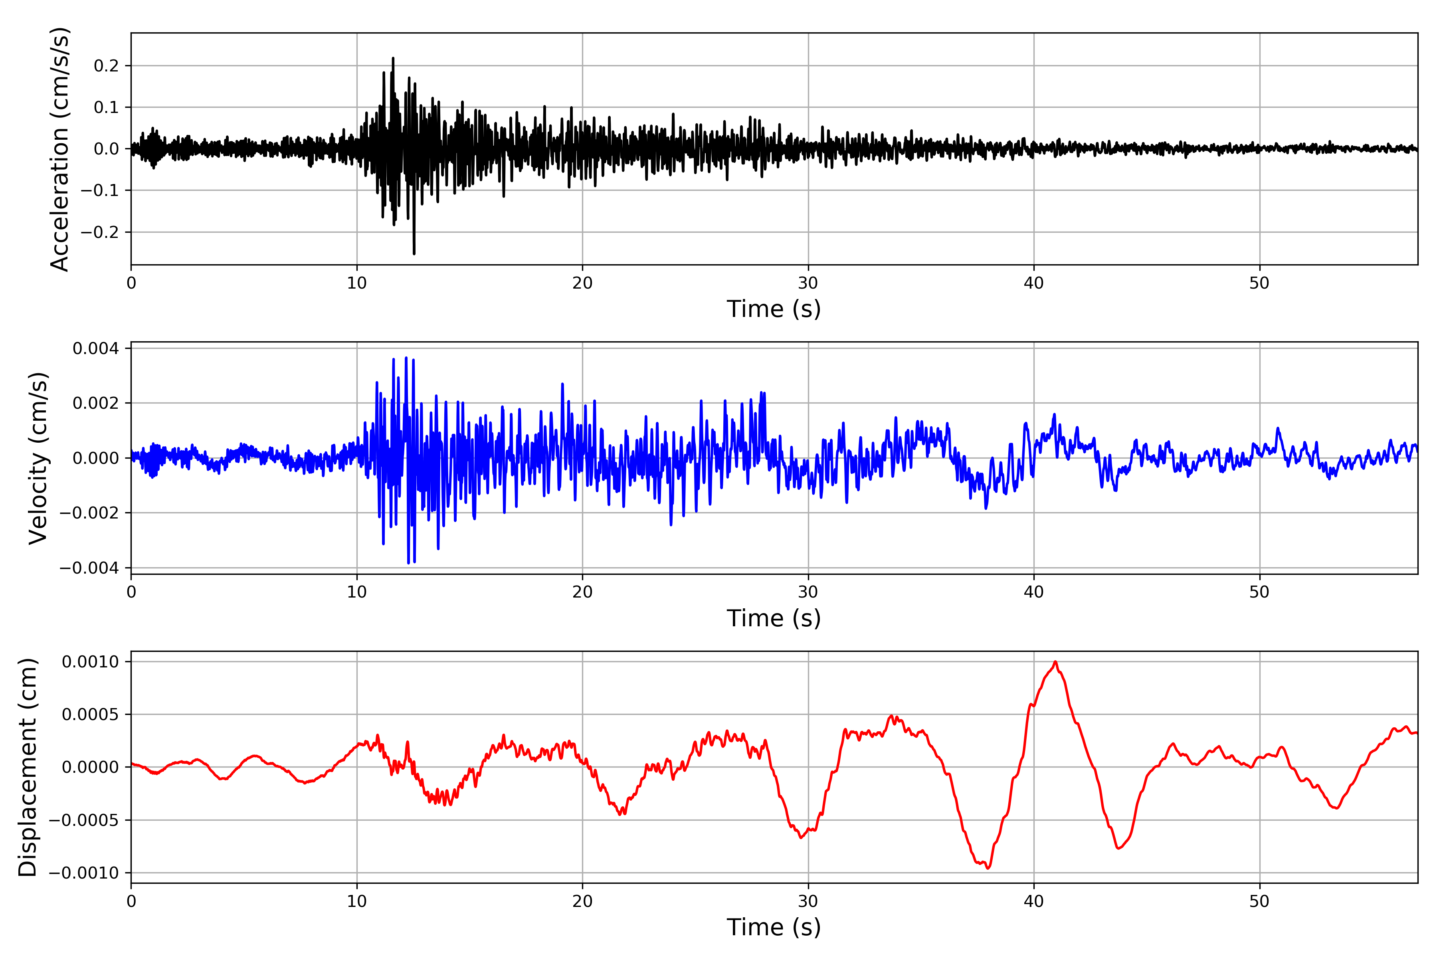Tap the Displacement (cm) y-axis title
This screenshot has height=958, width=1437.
(28, 767)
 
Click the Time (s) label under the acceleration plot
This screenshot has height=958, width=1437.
(774, 309)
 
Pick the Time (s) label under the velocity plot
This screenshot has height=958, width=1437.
(774, 618)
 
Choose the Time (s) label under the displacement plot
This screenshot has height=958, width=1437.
(774, 927)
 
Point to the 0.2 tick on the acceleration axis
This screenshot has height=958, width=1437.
(106, 66)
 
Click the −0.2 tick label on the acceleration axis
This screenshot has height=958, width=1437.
(100, 232)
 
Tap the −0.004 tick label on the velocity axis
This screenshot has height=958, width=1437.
(89, 568)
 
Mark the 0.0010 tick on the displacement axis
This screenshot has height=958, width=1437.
(91, 662)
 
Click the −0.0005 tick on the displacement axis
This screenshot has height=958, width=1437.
(84, 820)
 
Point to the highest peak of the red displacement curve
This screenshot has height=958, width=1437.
(1055, 662)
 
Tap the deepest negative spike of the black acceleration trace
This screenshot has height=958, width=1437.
(414, 253)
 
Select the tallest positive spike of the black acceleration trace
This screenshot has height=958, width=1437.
(393, 59)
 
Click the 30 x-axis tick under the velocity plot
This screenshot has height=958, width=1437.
(808, 592)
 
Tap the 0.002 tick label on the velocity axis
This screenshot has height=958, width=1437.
(96, 403)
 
